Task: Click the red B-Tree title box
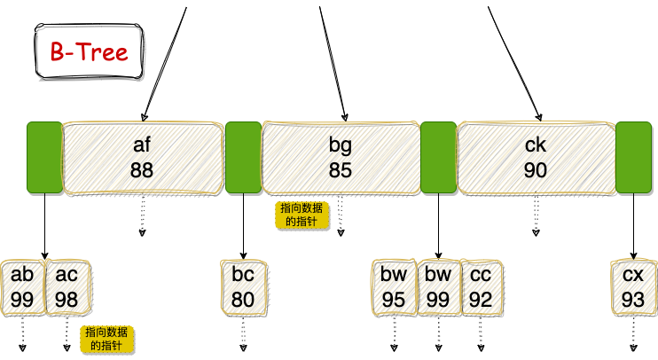pyautogui.click(x=88, y=52)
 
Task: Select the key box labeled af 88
pyautogui.click(x=142, y=158)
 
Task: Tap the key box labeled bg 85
pyautogui.click(x=340, y=158)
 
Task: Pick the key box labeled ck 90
pyautogui.click(x=536, y=158)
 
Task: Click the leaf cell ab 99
pyautogui.click(x=23, y=287)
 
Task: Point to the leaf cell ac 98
pyautogui.click(x=67, y=287)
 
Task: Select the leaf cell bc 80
pyautogui.click(x=243, y=287)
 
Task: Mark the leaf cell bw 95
pyautogui.click(x=394, y=287)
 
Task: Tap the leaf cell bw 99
pyautogui.click(x=438, y=287)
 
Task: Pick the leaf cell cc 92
pyautogui.click(x=482, y=287)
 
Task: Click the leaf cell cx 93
pyautogui.click(x=633, y=287)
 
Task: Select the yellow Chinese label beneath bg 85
pyautogui.click(x=301, y=215)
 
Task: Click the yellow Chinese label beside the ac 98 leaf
pyautogui.click(x=106, y=340)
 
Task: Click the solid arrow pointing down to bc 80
pyautogui.click(x=243, y=226)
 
